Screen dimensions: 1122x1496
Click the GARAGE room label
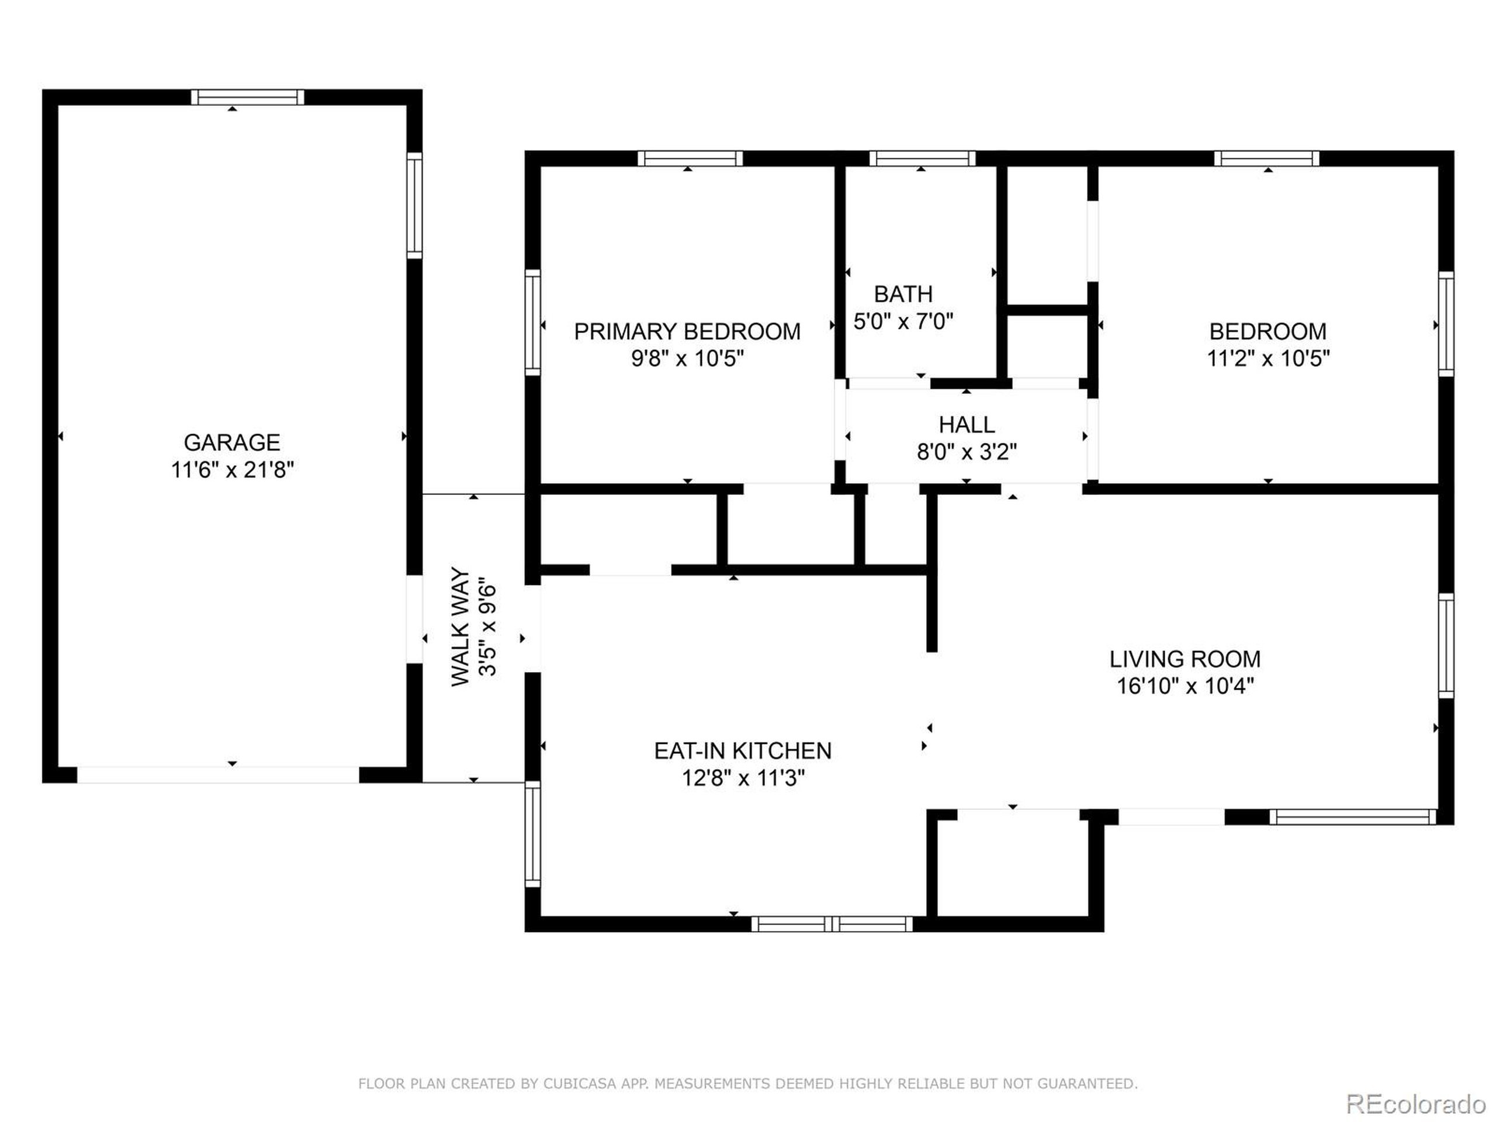point(231,442)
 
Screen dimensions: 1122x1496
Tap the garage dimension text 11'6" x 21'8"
point(231,469)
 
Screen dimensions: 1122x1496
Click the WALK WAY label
point(460,626)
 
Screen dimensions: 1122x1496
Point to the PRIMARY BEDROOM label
point(687,331)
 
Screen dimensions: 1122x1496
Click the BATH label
point(903,294)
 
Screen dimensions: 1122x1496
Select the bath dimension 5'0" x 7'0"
point(903,321)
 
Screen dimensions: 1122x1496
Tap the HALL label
point(967,425)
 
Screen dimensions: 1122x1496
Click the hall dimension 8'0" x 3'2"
point(967,451)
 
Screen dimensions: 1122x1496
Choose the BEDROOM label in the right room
point(1268,331)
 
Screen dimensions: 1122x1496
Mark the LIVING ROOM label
point(1185,659)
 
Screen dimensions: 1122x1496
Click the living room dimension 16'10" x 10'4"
point(1185,686)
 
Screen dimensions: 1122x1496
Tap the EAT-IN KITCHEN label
point(743,751)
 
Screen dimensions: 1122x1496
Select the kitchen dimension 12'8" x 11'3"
point(743,778)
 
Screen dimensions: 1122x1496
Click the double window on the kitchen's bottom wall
point(832,924)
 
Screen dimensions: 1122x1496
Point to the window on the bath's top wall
point(922,159)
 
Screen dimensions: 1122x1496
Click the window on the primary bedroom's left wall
point(533,322)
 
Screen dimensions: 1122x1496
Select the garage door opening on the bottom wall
point(218,775)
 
